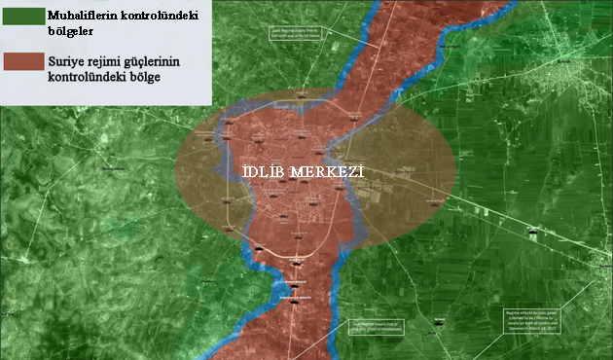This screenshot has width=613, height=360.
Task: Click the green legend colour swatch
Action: (21, 18)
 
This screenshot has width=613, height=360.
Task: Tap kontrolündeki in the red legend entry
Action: (90, 76)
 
